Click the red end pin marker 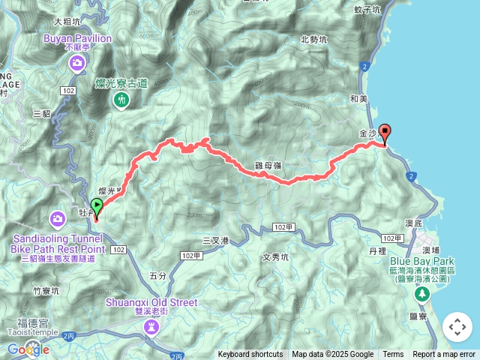pyautogui.click(x=385, y=133)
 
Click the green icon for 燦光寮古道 pyautogui.click(x=121, y=100)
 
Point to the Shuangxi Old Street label pyautogui.click(x=152, y=303)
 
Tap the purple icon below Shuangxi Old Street pyautogui.click(x=152, y=327)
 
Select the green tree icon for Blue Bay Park pyautogui.click(x=421, y=295)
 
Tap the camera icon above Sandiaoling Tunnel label pyautogui.click(x=58, y=219)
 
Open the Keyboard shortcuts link pyautogui.click(x=250, y=355)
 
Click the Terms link pyautogui.click(x=393, y=355)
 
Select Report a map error pyautogui.click(x=444, y=355)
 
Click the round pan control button pyautogui.click(x=457, y=327)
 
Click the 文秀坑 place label pyautogui.click(x=275, y=256)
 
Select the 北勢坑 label pyautogui.click(x=314, y=39)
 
